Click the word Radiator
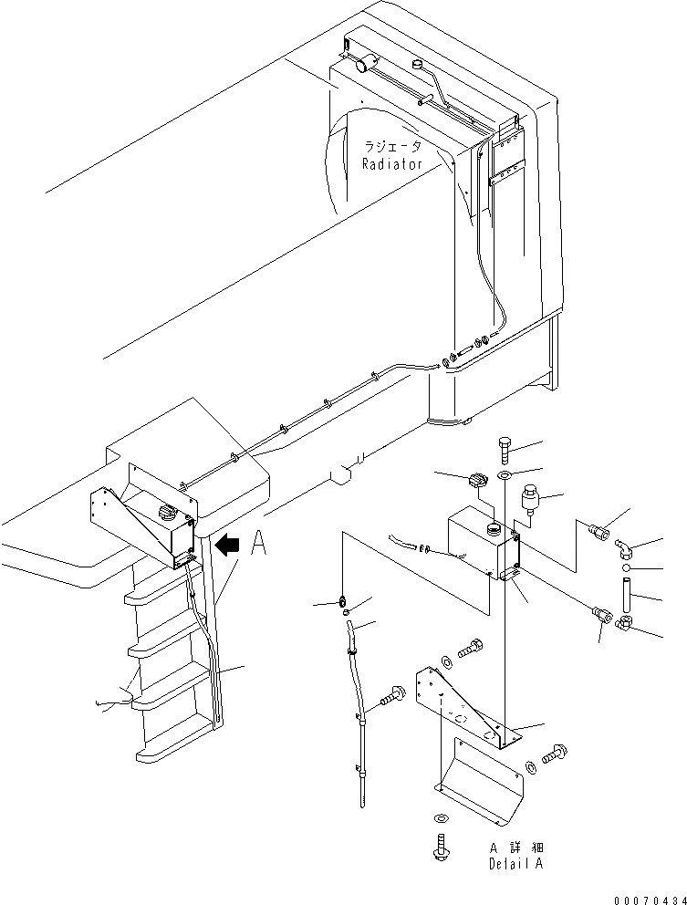tap(391, 164)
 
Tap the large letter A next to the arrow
tap(258, 546)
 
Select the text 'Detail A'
tap(516, 863)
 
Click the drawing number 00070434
tap(649, 898)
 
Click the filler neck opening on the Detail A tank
tap(493, 527)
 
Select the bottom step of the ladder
tap(173, 750)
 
